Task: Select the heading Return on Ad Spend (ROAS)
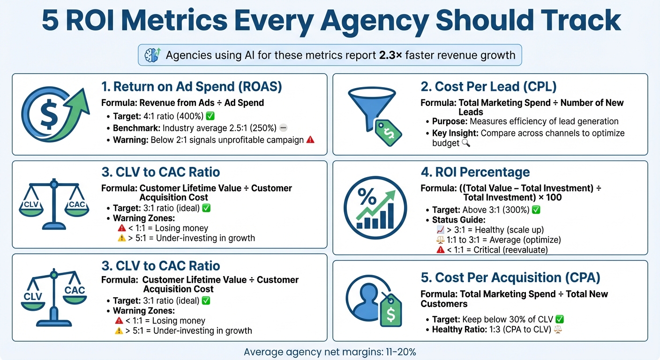click(192, 87)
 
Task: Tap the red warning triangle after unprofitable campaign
click(310, 140)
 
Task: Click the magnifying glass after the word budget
click(465, 143)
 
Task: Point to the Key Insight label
click(455, 133)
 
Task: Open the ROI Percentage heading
click(475, 172)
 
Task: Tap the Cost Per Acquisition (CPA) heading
click(510, 277)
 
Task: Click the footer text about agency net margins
click(330, 352)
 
